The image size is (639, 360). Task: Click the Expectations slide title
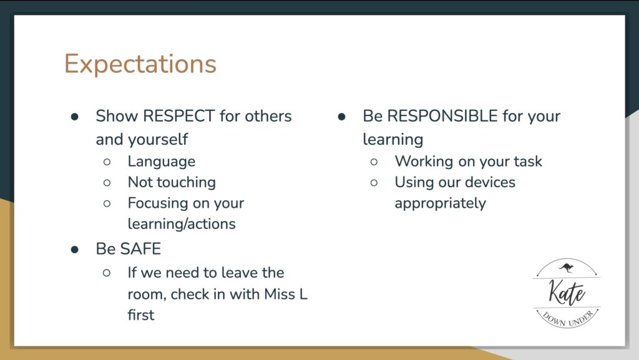[140, 64]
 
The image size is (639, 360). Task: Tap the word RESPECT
[179, 116]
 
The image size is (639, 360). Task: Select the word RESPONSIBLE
[442, 116]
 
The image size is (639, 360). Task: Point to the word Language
[162, 162]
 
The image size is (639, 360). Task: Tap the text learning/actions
[182, 224]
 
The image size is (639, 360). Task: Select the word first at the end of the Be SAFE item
[141, 315]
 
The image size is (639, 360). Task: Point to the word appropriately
[440, 203]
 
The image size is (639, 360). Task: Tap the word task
[528, 161]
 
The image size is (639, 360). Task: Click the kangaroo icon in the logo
[566, 268]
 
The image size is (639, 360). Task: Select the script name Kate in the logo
[567, 293]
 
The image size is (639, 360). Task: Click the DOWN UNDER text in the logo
[568, 319]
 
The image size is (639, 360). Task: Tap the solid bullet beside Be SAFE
[75, 249]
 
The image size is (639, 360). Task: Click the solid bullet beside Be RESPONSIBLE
[341, 117]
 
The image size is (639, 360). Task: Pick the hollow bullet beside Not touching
[107, 183]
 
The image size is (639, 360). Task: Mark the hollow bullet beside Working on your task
[374, 162]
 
